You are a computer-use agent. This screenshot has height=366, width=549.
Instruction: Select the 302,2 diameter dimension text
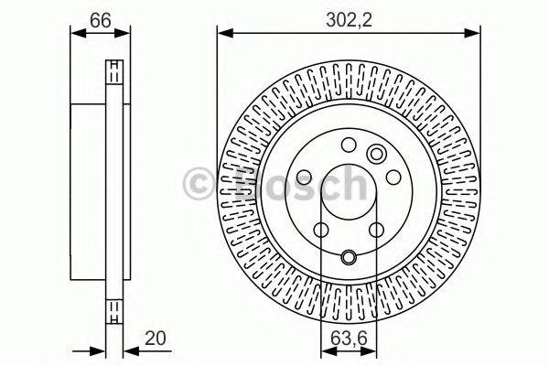click(349, 16)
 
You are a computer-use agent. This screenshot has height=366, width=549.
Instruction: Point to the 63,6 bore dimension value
click(349, 339)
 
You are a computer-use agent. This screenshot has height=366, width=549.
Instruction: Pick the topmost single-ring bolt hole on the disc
click(349, 143)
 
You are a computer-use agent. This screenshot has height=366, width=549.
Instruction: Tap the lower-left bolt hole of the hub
click(320, 231)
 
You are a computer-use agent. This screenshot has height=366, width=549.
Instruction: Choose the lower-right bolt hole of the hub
click(377, 231)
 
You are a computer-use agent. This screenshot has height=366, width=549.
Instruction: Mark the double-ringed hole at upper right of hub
click(375, 154)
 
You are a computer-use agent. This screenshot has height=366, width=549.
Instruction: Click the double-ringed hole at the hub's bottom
click(349, 257)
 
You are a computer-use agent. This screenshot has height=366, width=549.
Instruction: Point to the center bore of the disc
click(349, 194)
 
